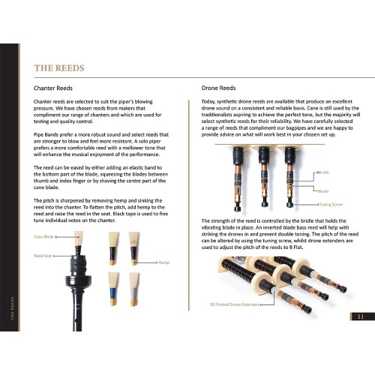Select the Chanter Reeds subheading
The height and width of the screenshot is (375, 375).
(55, 88)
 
